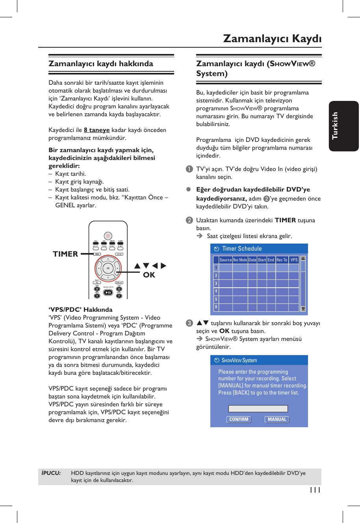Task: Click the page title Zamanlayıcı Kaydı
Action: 272,38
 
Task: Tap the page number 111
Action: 315,490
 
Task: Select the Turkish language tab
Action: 335,126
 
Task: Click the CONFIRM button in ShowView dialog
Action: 239,419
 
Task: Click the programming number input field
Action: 258,409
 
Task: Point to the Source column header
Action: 226,260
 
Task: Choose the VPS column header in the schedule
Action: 294,260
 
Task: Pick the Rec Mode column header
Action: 240,260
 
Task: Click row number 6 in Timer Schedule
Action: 216,307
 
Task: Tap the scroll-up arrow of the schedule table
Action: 303,259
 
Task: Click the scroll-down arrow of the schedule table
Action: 303,309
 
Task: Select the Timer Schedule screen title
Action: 241,249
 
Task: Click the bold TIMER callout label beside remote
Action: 65,254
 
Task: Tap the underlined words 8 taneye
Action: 96,130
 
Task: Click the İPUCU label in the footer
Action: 51,473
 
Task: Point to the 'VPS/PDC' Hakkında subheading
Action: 80,310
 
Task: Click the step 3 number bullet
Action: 189,323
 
